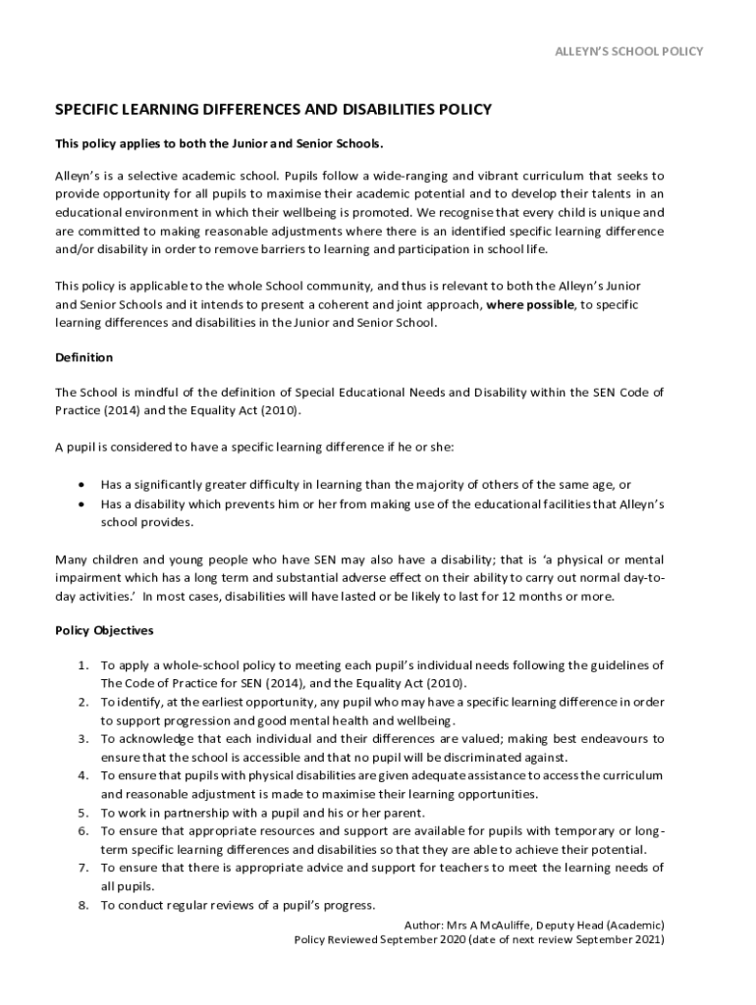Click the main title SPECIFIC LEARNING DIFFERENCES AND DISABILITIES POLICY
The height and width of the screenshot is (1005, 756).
click(x=273, y=110)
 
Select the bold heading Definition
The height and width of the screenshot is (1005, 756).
click(x=83, y=357)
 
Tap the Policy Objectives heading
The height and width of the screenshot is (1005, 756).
click(x=104, y=630)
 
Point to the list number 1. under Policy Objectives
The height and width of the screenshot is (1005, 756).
click(x=84, y=665)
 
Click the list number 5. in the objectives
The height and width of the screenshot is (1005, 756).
click(x=84, y=813)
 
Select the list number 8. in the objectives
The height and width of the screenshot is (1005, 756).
click(x=84, y=905)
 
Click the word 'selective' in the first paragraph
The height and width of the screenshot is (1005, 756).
click(x=158, y=176)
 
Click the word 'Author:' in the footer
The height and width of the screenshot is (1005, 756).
click(x=423, y=925)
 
